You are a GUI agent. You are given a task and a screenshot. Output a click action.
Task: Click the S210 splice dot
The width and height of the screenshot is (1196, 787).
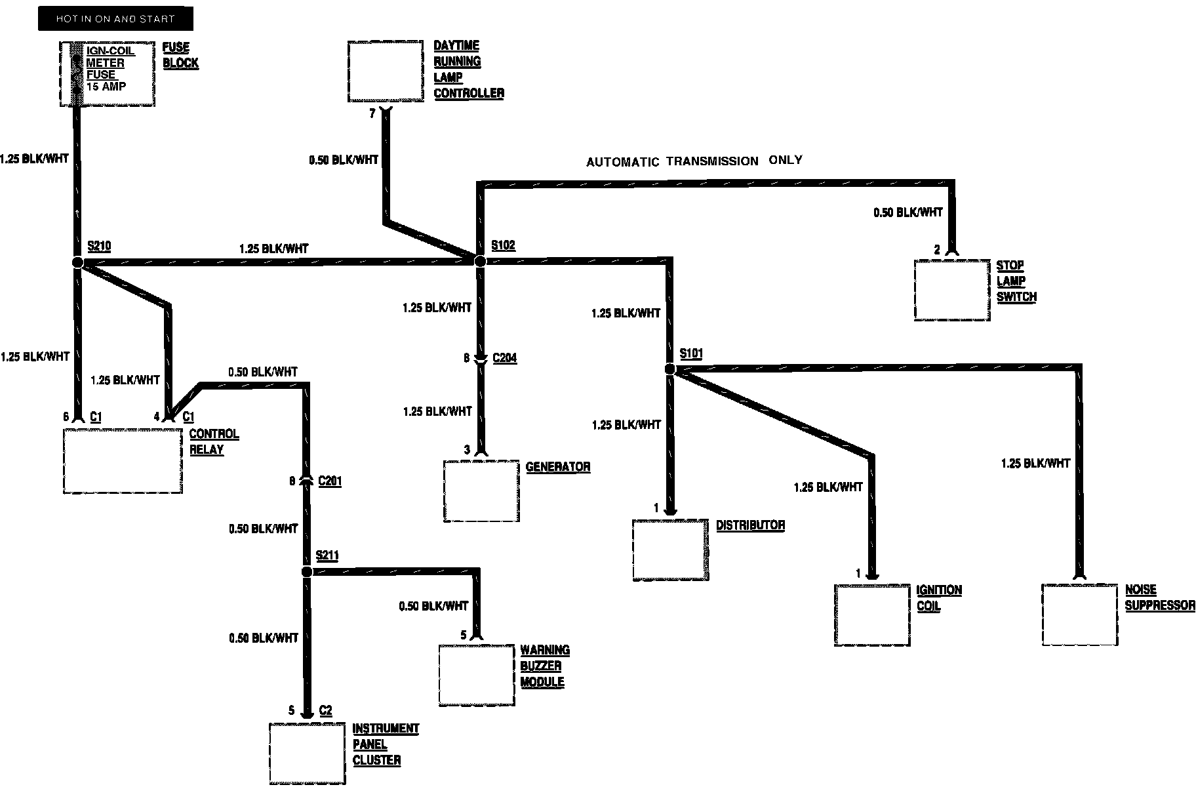[77, 262]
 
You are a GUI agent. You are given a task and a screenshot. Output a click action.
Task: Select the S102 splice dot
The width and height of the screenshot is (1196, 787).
[480, 261]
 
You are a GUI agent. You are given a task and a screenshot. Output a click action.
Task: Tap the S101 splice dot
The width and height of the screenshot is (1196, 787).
[669, 369]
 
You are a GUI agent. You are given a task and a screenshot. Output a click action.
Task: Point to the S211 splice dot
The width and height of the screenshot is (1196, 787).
[306, 572]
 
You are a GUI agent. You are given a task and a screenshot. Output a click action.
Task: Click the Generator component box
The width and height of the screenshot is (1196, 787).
[481, 491]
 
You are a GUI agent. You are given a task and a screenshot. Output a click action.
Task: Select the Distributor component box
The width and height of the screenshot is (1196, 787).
[670, 550]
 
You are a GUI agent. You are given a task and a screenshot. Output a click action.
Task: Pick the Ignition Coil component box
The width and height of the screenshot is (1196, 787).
[872, 615]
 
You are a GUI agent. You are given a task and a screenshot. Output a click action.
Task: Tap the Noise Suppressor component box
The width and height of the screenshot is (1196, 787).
[1079, 615]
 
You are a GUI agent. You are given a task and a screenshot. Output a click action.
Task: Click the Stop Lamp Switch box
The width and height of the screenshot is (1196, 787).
[951, 290]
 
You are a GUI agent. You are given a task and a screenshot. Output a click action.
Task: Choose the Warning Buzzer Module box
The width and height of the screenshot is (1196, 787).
[476, 675]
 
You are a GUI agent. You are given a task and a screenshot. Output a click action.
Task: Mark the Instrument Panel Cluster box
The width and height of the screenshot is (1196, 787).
[307, 753]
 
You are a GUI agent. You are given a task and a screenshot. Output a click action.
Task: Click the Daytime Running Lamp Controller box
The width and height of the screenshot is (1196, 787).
[385, 71]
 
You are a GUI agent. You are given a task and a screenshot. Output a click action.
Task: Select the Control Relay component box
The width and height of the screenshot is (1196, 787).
[123, 460]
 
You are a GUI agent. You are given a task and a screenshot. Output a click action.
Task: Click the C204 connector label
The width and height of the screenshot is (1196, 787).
[504, 358]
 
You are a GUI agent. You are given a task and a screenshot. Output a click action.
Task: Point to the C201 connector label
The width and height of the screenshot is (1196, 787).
[329, 481]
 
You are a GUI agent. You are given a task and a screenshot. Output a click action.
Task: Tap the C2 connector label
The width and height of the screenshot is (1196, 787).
[325, 711]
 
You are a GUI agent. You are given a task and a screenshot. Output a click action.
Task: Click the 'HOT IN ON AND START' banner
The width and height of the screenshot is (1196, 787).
[115, 19]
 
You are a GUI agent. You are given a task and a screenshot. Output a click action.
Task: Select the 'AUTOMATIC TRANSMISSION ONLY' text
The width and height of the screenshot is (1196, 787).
[694, 161]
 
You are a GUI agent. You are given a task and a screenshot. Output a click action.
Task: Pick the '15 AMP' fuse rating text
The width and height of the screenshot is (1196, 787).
[106, 87]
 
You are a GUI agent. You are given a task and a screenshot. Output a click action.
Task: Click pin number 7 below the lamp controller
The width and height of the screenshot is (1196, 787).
[372, 113]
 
